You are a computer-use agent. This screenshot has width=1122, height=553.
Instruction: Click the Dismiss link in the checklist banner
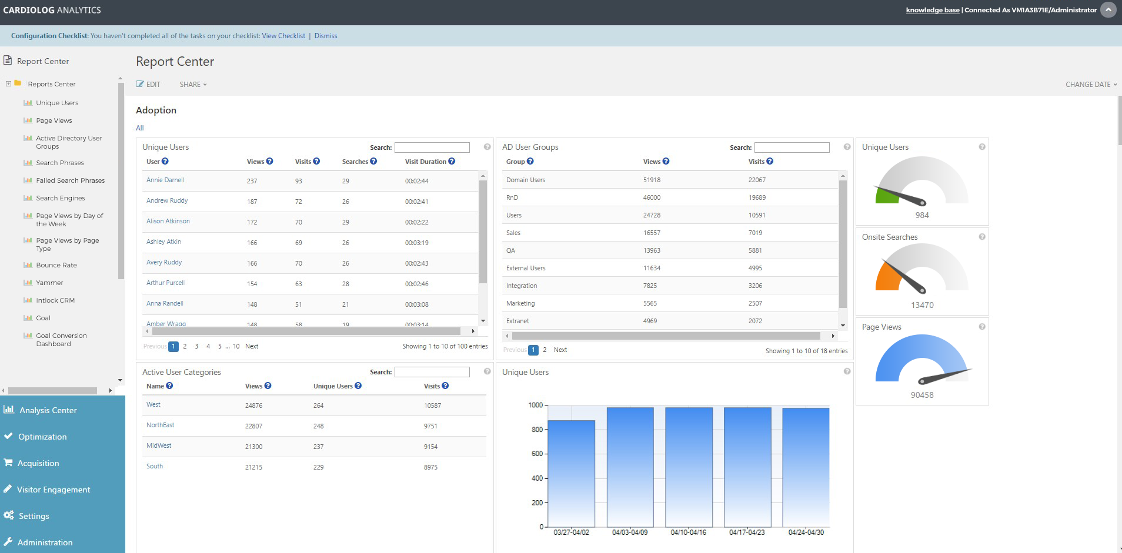click(326, 36)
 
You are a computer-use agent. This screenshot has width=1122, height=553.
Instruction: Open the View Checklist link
click(283, 36)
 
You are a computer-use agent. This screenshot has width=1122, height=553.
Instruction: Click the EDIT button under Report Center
click(148, 85)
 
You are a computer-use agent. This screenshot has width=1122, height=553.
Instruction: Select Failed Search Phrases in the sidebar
click(70, 180)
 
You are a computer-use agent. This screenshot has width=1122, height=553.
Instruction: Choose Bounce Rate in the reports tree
click(56, 265)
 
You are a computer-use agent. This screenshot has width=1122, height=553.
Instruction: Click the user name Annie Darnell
click(165, 180)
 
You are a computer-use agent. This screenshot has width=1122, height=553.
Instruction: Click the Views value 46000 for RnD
click(652, 197)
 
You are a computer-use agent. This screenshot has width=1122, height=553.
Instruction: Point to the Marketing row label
click(520, 303)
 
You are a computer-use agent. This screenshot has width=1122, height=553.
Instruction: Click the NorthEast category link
click(160, 425)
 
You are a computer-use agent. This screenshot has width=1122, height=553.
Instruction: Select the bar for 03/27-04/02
click(571, 473)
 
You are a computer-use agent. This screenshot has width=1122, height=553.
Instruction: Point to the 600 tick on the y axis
click(537, 454)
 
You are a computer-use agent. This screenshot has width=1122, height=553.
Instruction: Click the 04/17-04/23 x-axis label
click(747, 532)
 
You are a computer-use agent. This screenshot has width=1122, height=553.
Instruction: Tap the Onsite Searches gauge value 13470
click(922, 305)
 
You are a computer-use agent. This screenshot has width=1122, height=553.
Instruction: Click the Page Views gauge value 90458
click(922, 395)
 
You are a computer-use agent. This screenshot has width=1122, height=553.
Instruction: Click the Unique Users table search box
click(432, 148)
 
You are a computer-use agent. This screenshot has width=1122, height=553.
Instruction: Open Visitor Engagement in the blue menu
click(54, 490)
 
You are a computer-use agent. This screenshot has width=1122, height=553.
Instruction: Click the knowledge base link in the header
click(933, 10)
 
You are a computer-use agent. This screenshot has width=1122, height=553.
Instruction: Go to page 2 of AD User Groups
click(545, 350)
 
